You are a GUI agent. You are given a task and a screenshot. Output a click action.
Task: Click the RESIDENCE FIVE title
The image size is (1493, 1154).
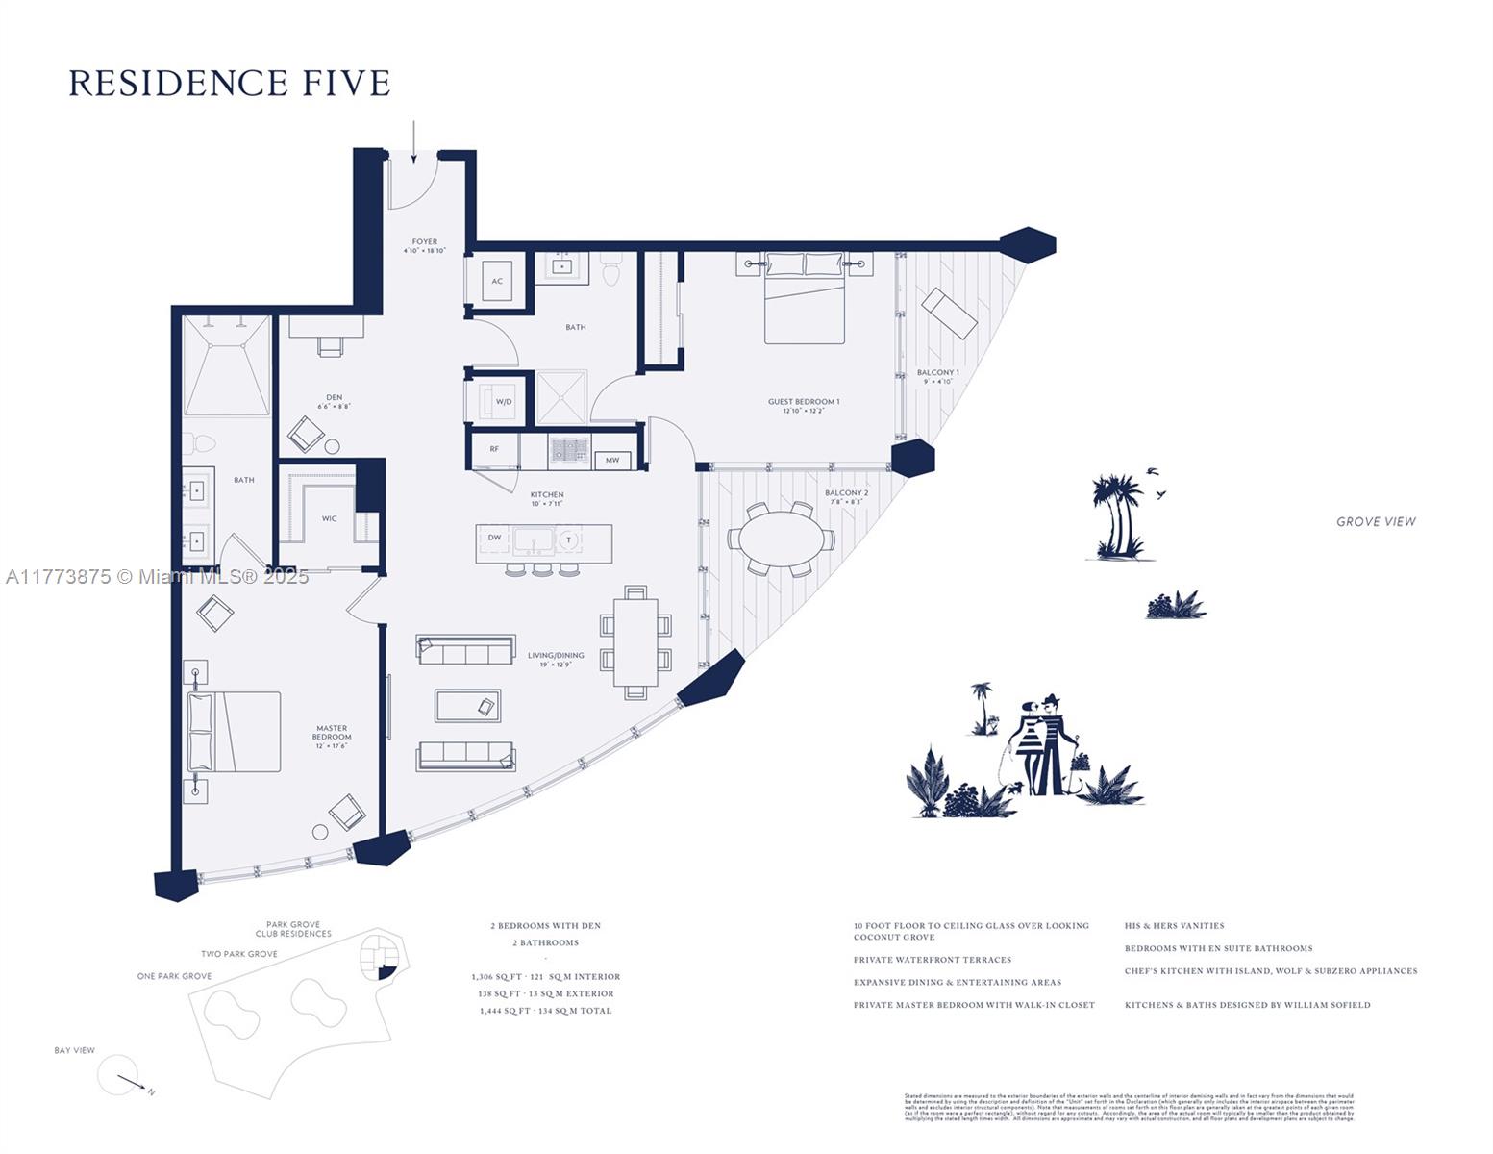click(x=229, y=83)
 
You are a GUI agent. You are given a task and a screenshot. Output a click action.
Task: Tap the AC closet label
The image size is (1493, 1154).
click(x=497, y=281)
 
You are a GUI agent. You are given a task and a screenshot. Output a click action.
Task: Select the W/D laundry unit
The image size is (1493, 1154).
click(x=503, y=401)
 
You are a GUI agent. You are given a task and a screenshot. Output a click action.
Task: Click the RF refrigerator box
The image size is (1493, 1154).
click(x=494, y=449)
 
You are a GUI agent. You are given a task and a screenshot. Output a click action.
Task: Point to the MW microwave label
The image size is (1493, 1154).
click(x=612, y=460)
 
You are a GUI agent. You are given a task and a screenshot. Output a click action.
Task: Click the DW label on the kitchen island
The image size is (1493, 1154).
click(x=494, y=538)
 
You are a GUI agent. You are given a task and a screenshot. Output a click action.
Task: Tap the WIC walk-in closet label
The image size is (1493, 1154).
click(x=329, y=518)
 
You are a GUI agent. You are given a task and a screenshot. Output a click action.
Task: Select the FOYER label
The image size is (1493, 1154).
click(x=424, y=242)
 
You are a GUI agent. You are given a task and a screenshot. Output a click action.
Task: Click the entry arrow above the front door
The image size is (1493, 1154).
click(x=414, y=141)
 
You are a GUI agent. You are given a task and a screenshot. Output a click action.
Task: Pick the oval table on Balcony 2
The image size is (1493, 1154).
click(x=781, y=539)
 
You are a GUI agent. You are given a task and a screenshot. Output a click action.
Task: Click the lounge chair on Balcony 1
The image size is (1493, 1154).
click(x=950, y=313)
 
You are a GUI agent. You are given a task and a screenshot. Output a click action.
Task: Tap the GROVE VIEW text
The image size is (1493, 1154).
click(x=1376, y=521)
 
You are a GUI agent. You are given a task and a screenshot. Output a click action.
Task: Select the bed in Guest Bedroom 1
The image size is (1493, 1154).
click(x=805, y=298)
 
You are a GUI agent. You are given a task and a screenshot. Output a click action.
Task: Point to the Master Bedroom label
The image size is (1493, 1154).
click(x=331, y=733)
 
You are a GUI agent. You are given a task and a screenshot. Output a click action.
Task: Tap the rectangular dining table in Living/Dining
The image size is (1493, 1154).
click(x=635, y=641)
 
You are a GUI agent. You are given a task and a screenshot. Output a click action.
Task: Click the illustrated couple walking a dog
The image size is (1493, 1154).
click(x=1043, y=744)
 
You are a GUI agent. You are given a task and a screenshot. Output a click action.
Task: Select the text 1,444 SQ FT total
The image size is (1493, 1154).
click(x=545, y=1011)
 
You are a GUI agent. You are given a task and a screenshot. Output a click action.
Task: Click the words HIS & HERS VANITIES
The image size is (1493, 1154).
click(x=1174, y=926)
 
